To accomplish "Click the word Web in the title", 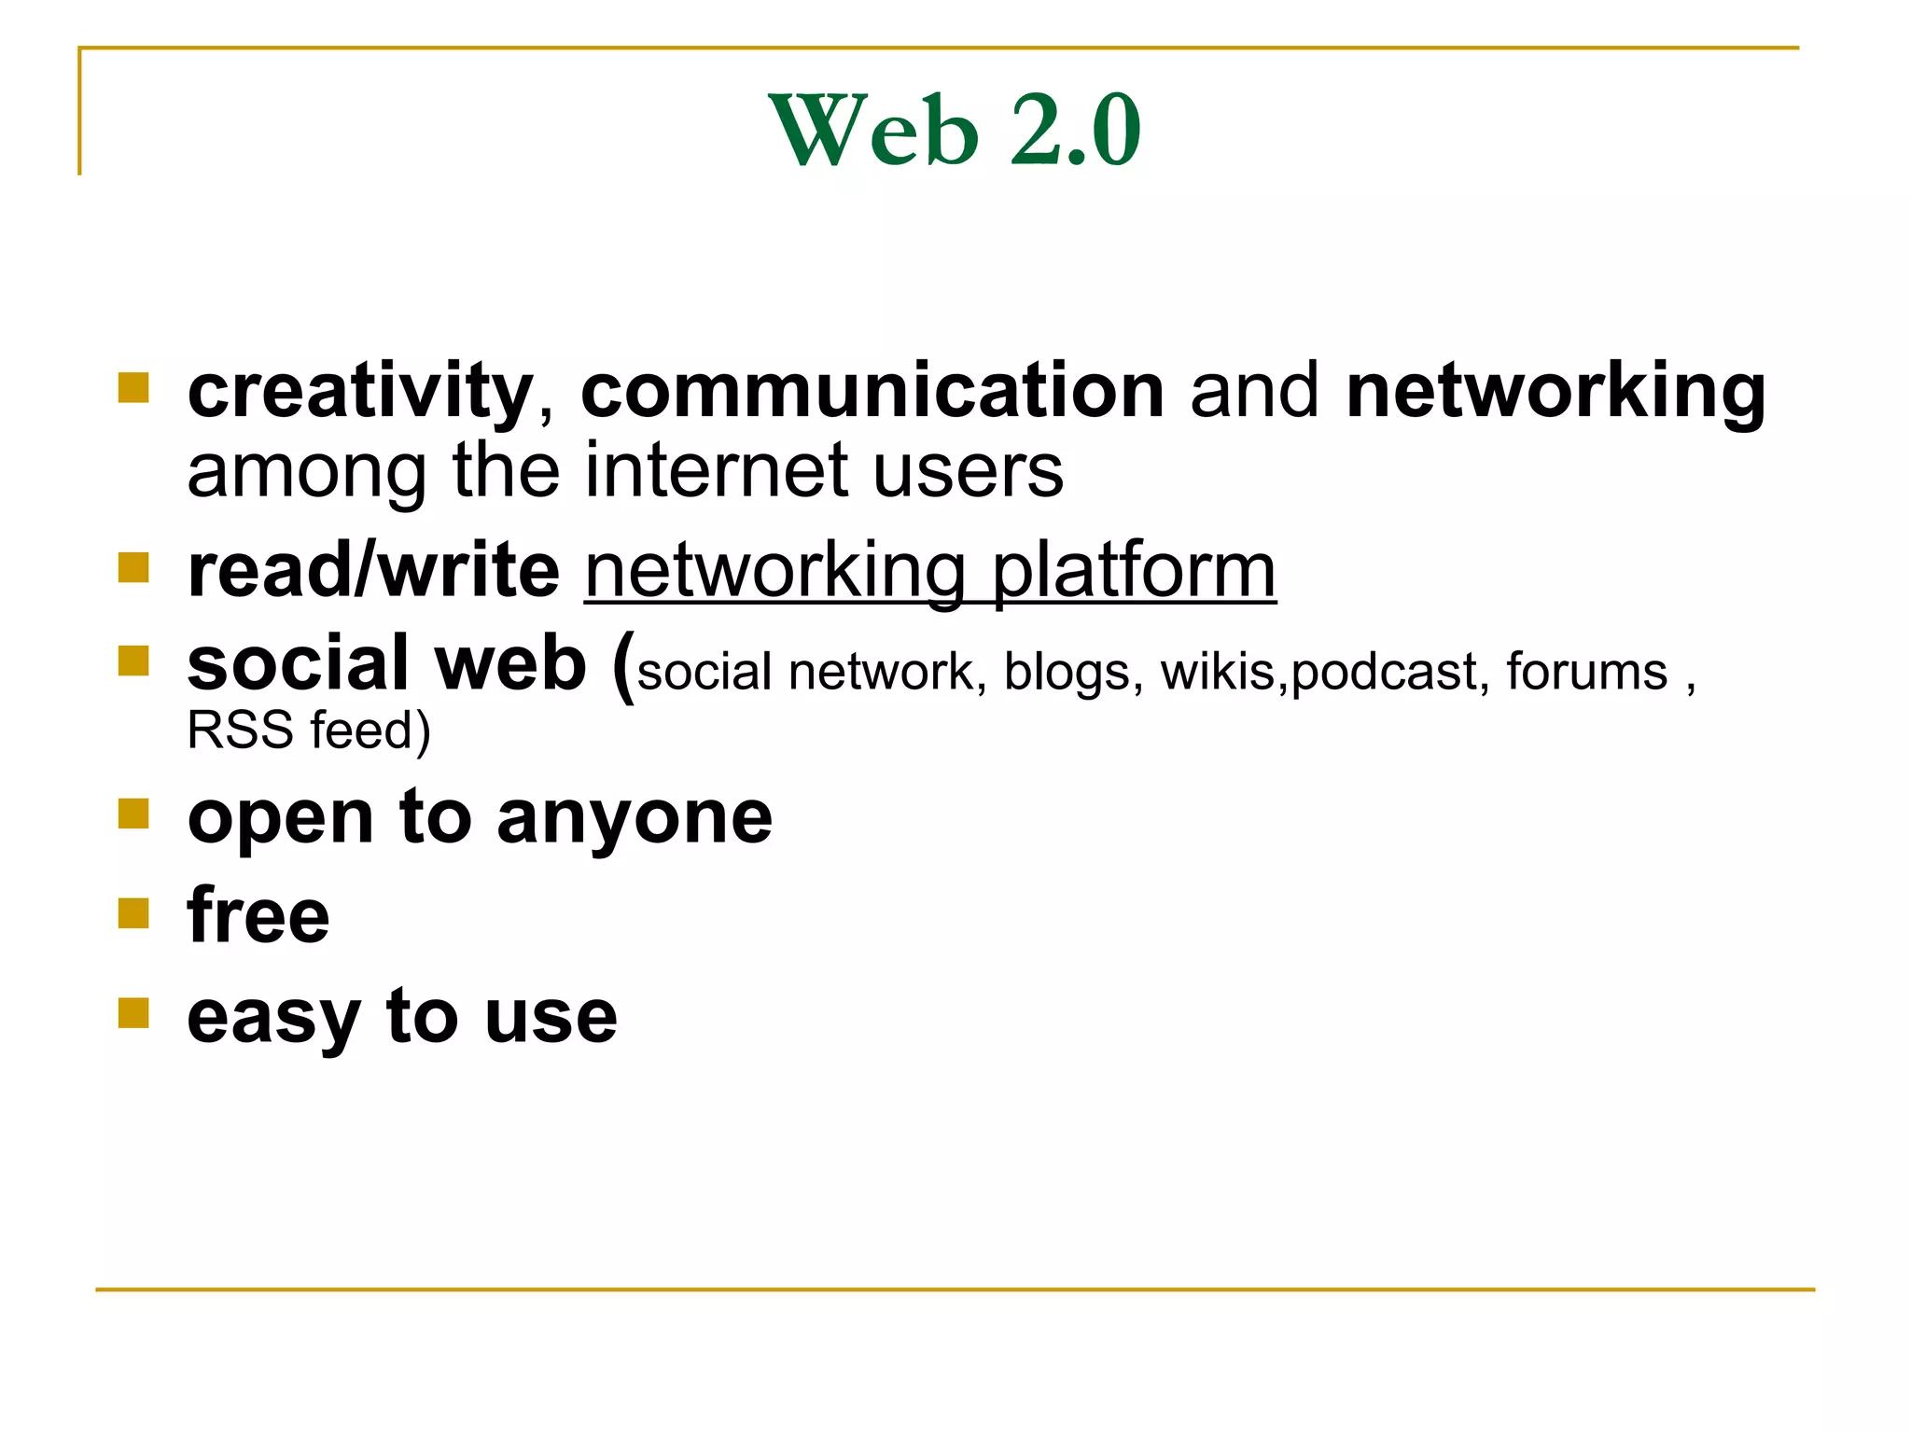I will point(873,131).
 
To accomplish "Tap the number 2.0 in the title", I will point(1075,131).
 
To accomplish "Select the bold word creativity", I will point(360,392).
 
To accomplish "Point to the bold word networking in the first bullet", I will point(1555,392).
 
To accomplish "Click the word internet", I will point(718,470).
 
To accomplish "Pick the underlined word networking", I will point(774,572).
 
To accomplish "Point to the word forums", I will point(1586,672).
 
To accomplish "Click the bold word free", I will point(258,916).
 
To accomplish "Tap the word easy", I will point(273,1018).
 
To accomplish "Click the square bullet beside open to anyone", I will point(133,814).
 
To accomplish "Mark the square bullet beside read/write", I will point(133,567).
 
